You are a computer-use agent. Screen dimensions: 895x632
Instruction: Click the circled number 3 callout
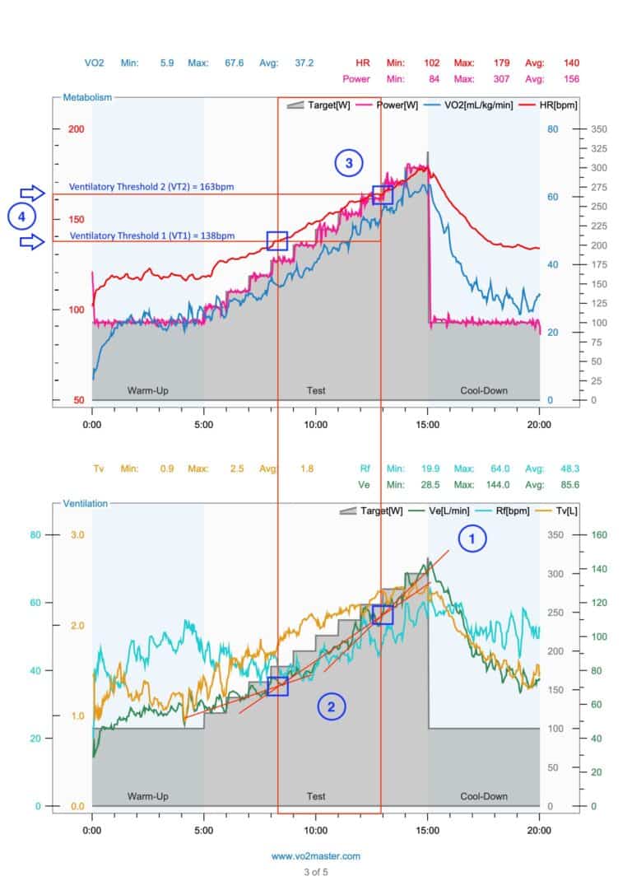pos(349,163)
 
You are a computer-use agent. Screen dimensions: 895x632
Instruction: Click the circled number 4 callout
pos(20,217)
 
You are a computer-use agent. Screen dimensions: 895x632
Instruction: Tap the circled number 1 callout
pos(472,539)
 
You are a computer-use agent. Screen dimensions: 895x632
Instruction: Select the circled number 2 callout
pos(332,706)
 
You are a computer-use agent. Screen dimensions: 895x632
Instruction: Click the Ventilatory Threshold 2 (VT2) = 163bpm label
pos(151,187)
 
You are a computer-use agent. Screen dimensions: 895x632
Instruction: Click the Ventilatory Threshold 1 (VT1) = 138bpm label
pos(151,235)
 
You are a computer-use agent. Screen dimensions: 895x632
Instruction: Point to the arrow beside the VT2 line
pos(34,193)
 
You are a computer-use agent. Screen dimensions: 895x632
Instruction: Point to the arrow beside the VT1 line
pos(34,241)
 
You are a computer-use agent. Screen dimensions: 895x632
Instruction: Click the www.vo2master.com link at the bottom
pos(315,856)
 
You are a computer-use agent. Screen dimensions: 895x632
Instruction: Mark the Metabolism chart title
pos(87,97)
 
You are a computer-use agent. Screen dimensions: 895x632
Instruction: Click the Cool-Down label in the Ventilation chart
pos(483,796)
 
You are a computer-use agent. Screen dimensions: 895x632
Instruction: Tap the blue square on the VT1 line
pos(277,240)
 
